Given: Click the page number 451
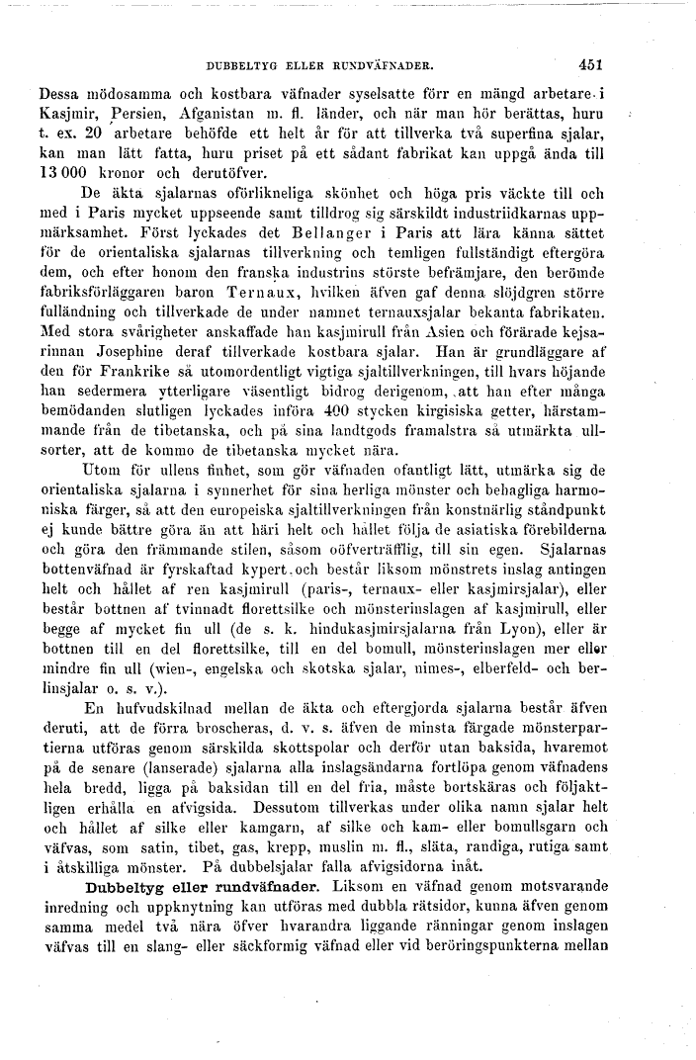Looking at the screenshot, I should click(591, 66).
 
